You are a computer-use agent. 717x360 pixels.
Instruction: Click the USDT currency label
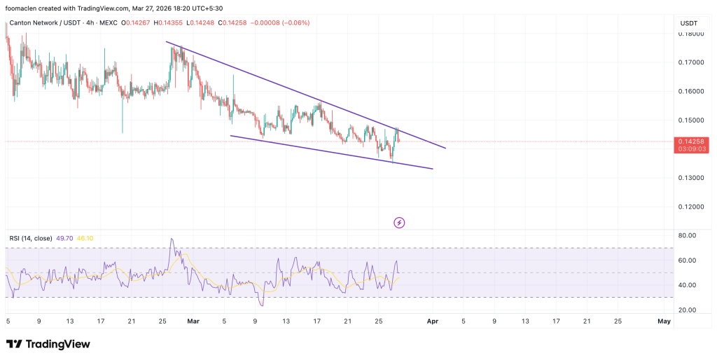tap(690, 23)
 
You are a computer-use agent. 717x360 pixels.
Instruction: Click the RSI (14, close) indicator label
tap(31, 238)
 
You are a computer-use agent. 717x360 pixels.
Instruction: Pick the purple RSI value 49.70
tap(67, 238)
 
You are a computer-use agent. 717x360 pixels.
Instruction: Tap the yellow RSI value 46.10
tap(88, 238)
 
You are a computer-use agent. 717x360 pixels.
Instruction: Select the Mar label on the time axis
tap(193, 321)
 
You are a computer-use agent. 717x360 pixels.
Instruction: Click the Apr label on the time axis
tap(432, 321)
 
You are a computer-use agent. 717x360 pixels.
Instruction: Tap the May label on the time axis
tap(664, 321)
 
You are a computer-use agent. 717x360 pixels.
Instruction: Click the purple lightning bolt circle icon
tap(399, 223)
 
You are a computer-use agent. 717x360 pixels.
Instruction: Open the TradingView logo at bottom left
tap(49, 344)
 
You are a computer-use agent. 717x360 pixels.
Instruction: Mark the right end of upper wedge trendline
tap(445, 148)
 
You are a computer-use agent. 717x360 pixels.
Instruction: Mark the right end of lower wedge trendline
tap(433, 169)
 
